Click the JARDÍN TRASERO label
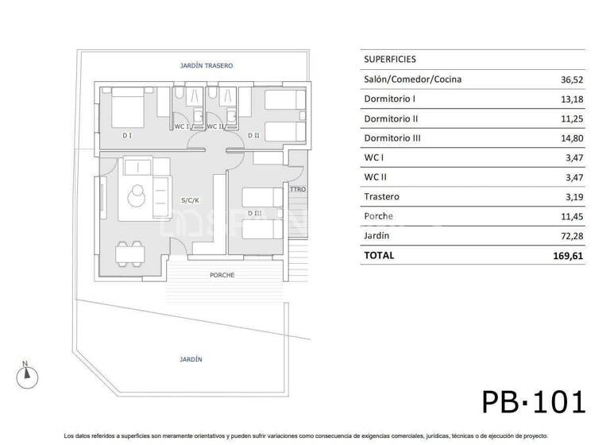pyautogui.click(x=207, y=65)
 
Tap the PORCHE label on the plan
pyautogui.click(x=222, y=275)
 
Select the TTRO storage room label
pyautogui.click(x=298, y=189)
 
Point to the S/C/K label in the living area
pyautogui.click(x=190, y=200)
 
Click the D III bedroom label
pyautogui.click(x=255, y=212)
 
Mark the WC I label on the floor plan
pyautogui.click(x=181, y=126)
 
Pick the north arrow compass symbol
pyautogui.click(x=25, y=373)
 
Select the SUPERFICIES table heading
pyautogui.click(x=390, y=60)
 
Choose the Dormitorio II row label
pyautogui.click(x=391, y=118)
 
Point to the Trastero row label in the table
pyautogui.click(x=381, y=196)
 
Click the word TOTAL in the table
pyautogui.click(x=379, y=256)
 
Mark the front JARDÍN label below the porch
pyautogui.click(x=191, y=359)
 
